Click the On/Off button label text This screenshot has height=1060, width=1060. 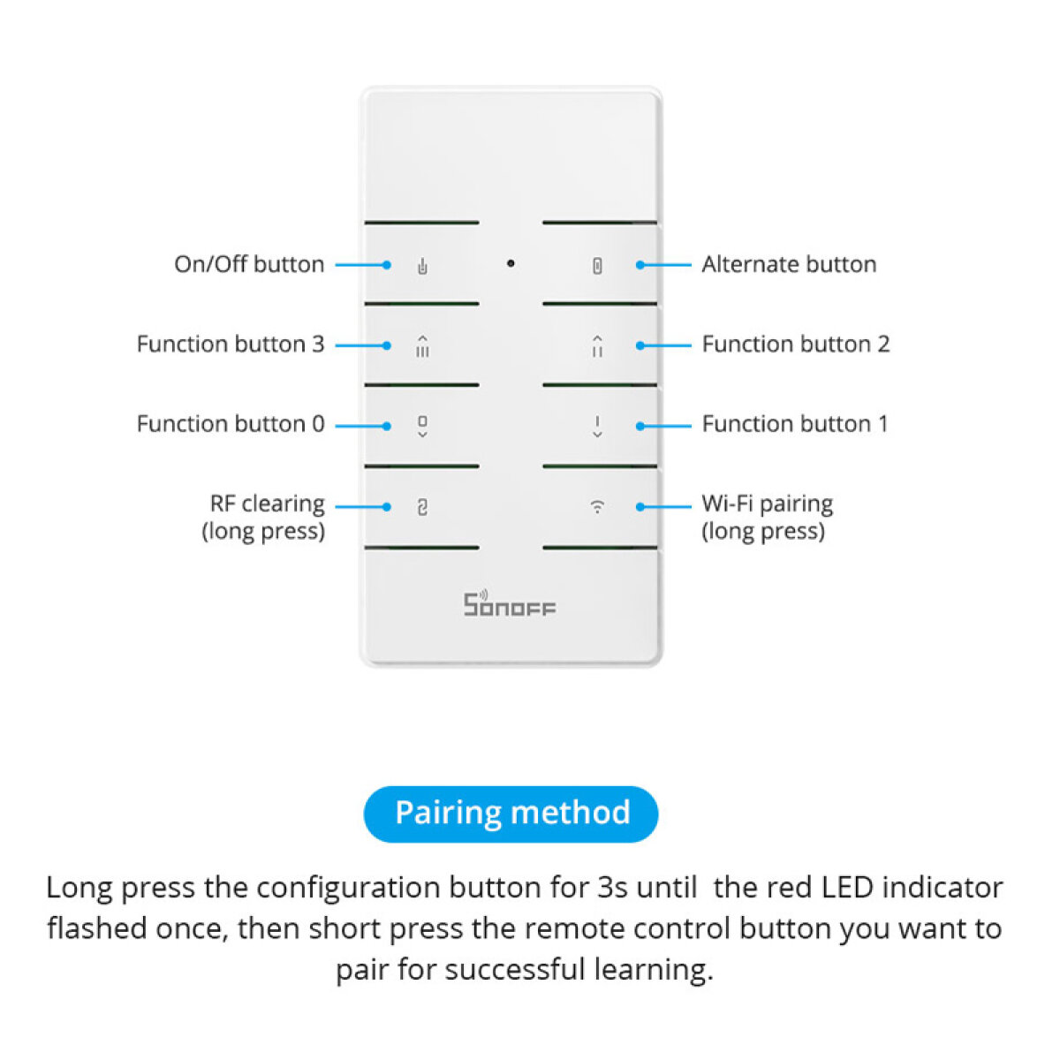click(249, 264)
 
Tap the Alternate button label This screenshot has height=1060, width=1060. click(789, 264)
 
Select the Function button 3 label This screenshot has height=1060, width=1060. click(231, 344)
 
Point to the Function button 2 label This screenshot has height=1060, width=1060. click(795, 344)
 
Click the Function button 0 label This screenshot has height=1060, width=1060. click(231, 424)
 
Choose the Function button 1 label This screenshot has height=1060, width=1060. click(794, 424)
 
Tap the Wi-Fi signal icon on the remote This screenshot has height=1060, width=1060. click(598, 507)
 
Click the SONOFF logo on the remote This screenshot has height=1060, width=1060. click(510, 604)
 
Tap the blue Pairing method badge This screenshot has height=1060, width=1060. click(511, 814)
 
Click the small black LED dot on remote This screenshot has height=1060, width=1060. click(511, 263)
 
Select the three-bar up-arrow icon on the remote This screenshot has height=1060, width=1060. click(422, 346)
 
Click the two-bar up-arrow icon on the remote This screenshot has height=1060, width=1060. click(598, 346)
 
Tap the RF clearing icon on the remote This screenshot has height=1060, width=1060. click(422, 507)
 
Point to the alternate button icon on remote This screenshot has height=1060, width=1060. click(598, 266)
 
